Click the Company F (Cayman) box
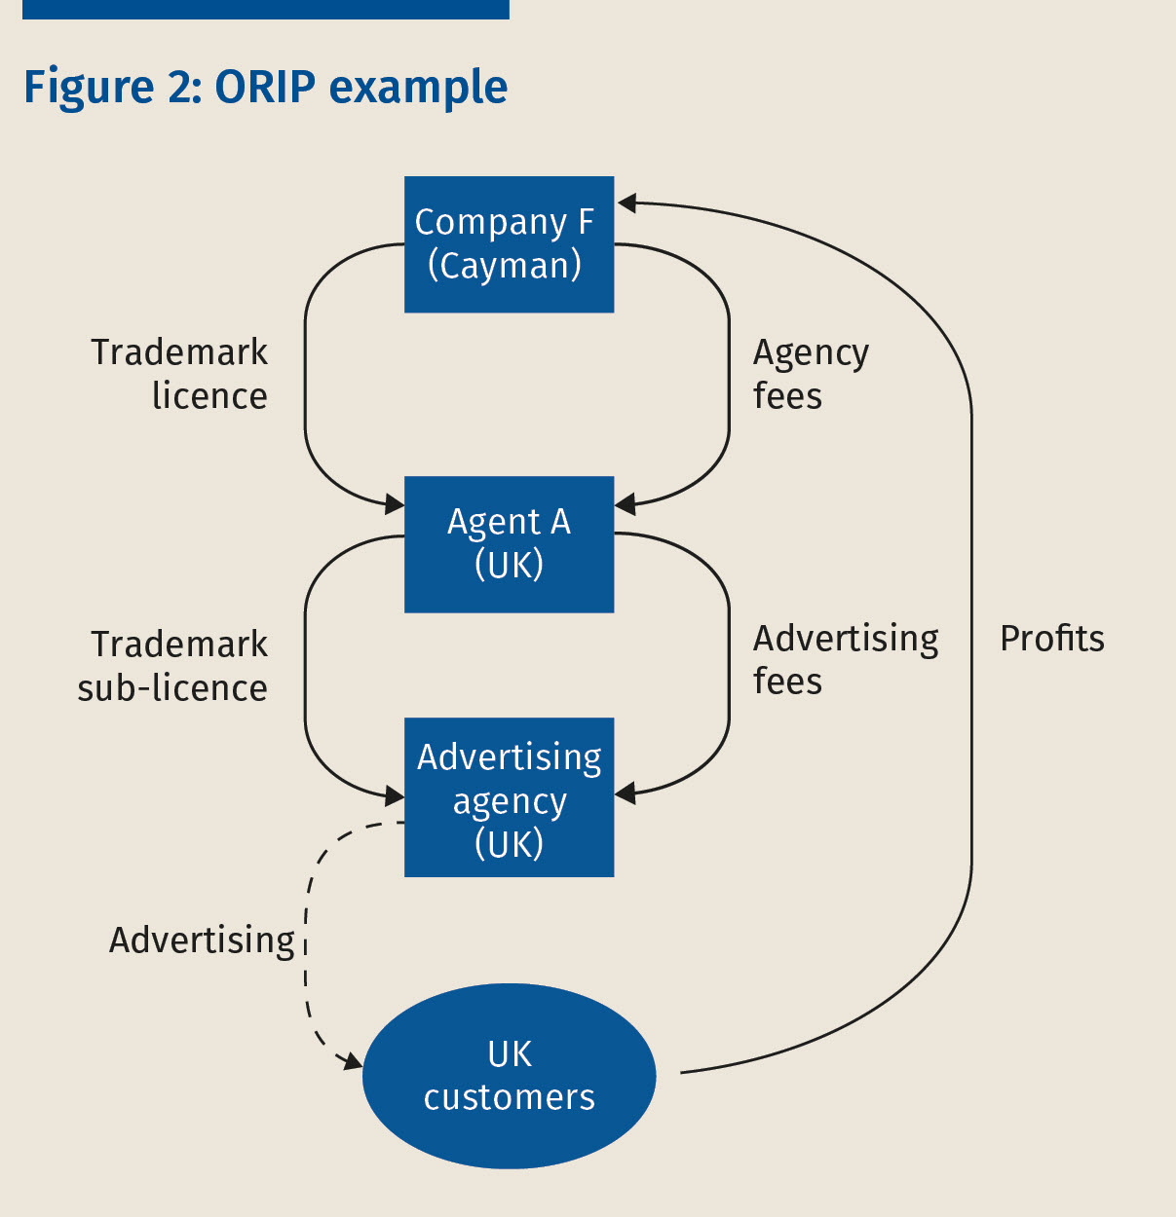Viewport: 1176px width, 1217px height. pyautogui.click(x=509, y=244)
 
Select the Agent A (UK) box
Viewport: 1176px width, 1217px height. pyautogui.click(x=509, y=543)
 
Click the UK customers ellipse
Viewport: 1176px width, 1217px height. pyautogui.click(x=509, y=1076)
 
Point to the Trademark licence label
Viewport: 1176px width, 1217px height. pyautogui.click(x=180, y=374)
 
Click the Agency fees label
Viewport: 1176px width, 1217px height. pyautogui.click(x=810, y=374)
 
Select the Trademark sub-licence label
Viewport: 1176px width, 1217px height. pyautogui.click(x=173, y=666)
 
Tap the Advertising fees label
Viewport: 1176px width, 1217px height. pyautogui.click(x=845, y=659)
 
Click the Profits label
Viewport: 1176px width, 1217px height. pyautogui.click(x=1052, y=639)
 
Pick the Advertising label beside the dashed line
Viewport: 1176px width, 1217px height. pyautogui.click(x=202, y=940)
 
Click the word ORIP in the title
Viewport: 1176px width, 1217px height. pyautogui.click(x=265, y=87)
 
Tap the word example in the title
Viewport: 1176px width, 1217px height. pyautogui.click(x=418, y=88)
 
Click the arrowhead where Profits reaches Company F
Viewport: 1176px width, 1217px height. pyautogui.click(x=626, y=203)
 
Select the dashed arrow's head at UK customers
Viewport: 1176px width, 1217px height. pyautogui.click(x=352, y=1060)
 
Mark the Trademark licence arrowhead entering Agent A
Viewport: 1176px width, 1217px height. pyautogui.click(x=395, y=503)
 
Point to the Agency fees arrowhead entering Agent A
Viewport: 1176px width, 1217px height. pyautogui.click(x=626, y=504)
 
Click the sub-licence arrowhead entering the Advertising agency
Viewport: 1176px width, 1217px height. pyautogui.click(x=395, y=796)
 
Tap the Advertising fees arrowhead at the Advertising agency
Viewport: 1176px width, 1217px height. pyautogui.click(x=626, y=793)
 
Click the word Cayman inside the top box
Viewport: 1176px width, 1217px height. pyautogui.click(x=505, y=266)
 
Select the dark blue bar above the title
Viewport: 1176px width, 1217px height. pyautogui.click(x=265, y=9)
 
